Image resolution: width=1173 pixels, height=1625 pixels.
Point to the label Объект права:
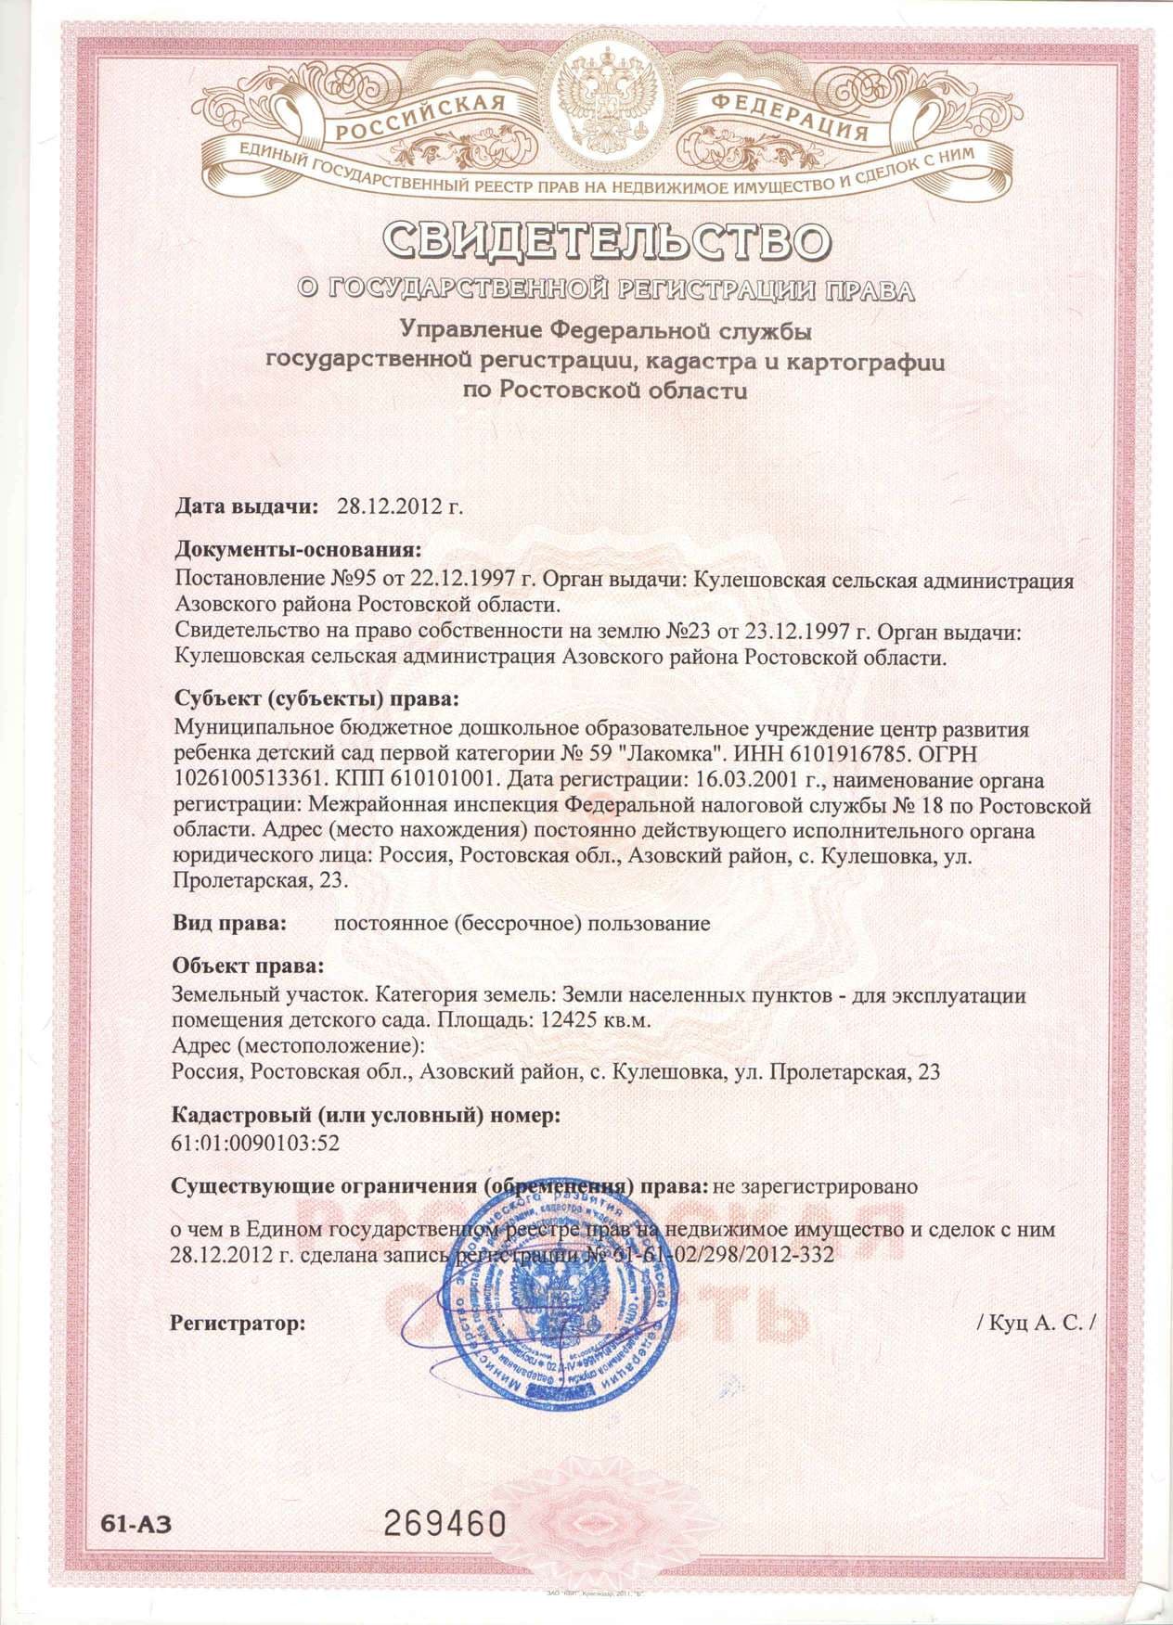248,966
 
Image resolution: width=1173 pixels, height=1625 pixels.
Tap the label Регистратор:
238,1323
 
